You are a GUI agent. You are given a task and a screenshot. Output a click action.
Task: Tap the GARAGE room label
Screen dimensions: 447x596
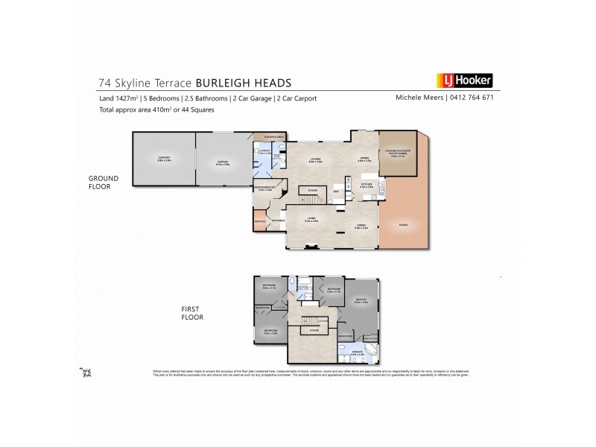click(222, 158)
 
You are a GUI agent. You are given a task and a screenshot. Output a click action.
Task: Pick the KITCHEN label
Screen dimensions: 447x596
click(366, 184)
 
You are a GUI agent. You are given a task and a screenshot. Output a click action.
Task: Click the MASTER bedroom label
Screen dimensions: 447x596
click(361, 300)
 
